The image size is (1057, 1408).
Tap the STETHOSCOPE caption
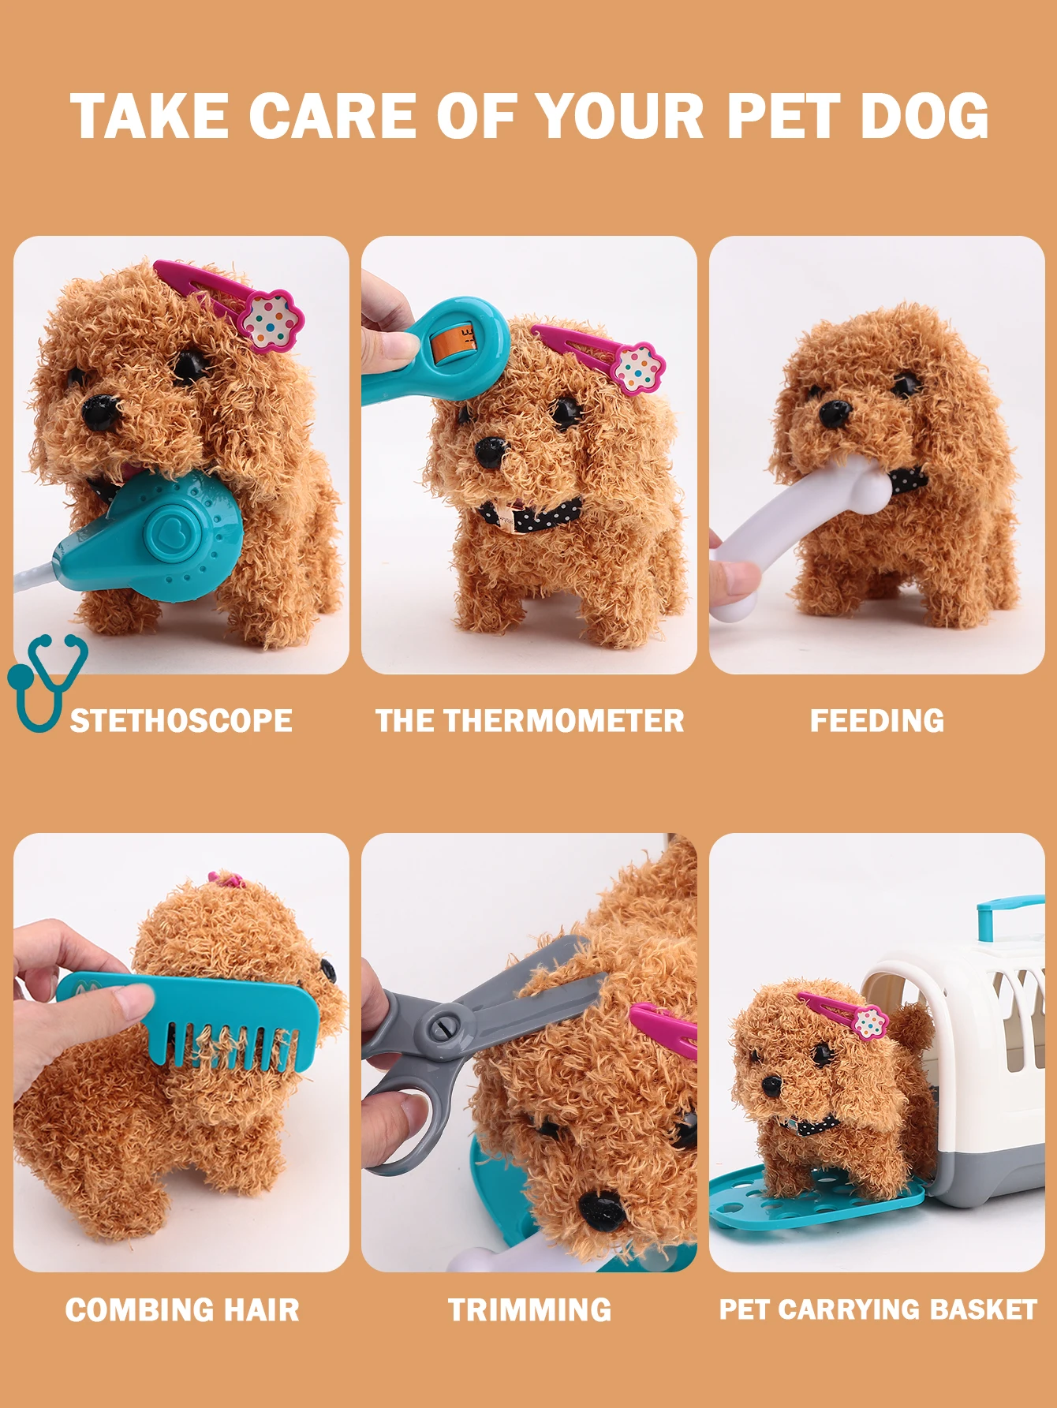pyautogui.click(x=181, y=721)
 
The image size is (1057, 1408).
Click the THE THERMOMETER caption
pyautogui.click(x=529, y=721)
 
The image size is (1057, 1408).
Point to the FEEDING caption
pyautogui.click(x=877, y=721)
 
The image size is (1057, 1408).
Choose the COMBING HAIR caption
pyautogui.click(x=182, y=1309)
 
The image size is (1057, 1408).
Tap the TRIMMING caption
pyautogui.click(x=529, y=1309)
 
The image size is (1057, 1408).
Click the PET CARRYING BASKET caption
pyautogui.click(x=878, y=1309)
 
